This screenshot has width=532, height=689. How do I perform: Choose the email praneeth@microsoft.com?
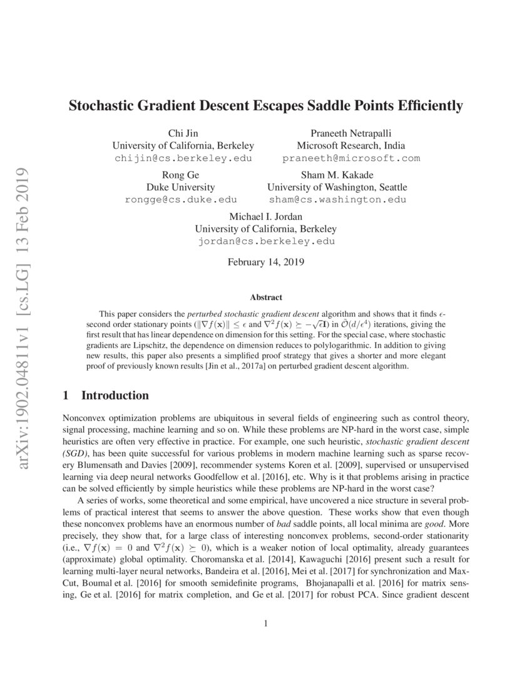point(350,158)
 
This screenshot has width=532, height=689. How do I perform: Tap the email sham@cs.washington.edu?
point(337,200)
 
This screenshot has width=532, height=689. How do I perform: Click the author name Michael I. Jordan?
point(266,216)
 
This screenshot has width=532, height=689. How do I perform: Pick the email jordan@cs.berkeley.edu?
point(266,241)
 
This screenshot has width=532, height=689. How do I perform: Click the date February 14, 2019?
point(266,263)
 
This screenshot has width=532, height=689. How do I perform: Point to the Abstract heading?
point(266,298)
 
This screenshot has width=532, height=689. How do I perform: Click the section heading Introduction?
point(115,396)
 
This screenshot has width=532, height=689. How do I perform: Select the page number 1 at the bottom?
point(266,623)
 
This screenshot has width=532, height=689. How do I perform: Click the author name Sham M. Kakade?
point(337,175)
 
